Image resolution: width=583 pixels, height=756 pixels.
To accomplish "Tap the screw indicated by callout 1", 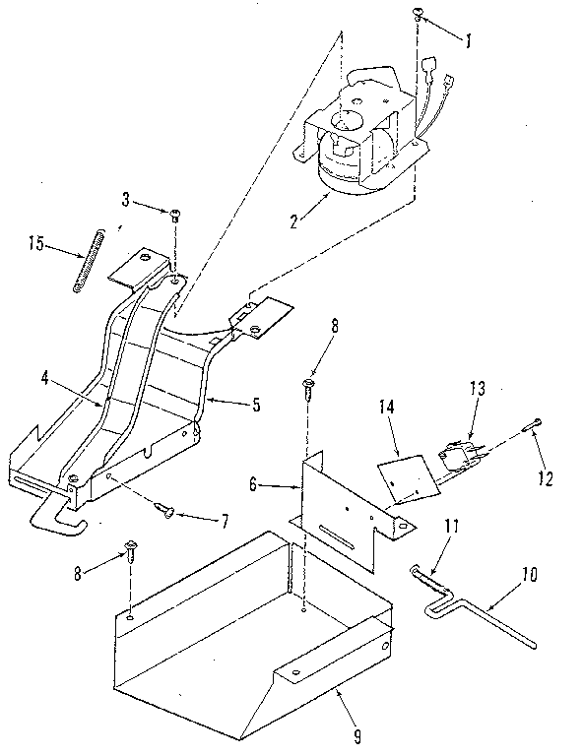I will (418, 14).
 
